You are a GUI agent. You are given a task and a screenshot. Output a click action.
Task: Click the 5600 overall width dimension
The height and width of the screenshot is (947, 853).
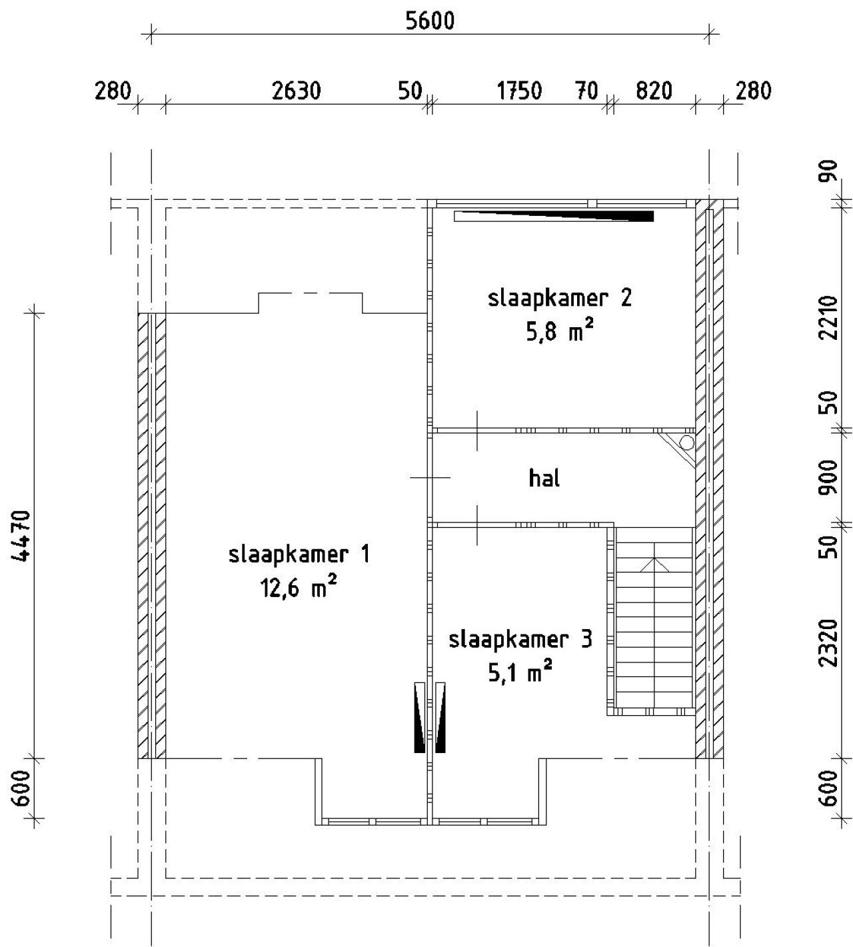430,21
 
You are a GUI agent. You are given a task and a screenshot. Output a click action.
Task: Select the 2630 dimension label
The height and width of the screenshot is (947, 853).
296,91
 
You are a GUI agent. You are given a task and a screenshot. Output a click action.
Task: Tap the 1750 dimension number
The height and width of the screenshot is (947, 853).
519,91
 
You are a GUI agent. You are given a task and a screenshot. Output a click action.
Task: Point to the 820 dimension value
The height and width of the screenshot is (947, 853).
654,91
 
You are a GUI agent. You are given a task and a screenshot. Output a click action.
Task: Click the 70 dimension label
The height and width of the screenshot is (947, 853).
586,91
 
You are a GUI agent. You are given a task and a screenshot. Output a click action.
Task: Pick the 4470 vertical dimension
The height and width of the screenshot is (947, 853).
21,535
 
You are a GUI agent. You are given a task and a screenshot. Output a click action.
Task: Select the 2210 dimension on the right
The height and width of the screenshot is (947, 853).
828,318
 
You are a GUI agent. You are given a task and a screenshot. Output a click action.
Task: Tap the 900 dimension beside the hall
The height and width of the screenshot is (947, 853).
828,477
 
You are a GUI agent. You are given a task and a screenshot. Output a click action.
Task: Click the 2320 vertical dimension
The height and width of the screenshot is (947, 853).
828,643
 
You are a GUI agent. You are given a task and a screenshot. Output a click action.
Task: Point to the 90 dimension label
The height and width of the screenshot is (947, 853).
828,171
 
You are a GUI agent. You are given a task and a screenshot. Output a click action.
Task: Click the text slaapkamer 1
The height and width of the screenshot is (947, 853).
299,554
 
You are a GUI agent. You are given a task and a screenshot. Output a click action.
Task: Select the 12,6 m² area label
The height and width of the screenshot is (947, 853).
299,587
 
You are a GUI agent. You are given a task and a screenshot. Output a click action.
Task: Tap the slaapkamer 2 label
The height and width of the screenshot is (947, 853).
559,298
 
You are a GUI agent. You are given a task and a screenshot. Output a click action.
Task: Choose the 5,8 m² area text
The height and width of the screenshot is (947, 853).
559,331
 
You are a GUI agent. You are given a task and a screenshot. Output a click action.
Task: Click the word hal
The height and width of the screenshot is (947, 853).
544,478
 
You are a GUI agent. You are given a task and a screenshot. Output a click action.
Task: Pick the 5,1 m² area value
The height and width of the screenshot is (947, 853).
520,672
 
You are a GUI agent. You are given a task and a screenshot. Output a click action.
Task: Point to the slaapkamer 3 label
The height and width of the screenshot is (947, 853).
520,639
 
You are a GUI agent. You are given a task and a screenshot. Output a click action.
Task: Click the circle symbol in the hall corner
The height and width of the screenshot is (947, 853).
687,443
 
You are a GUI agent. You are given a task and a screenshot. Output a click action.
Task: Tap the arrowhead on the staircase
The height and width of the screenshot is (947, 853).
654,564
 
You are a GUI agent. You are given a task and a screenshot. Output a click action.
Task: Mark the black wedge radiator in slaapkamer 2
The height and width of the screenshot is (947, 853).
554,216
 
